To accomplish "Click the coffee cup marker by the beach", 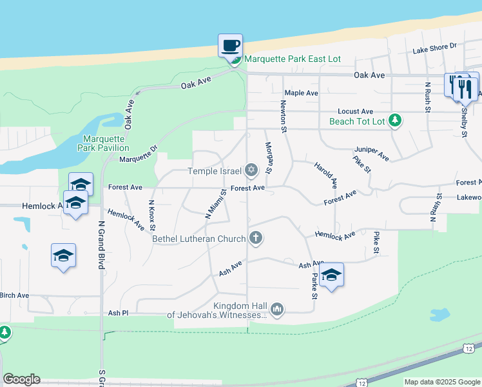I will coord(231,46).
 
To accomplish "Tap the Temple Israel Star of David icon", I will coord(251,171).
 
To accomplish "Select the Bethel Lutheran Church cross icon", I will coord(256,239).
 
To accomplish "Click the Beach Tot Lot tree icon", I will coord(396,121).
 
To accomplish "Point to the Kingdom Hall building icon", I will coord(277,310).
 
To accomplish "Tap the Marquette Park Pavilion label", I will coord(106,143).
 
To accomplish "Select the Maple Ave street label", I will coord(302,93).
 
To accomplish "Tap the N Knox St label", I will coord(152,215).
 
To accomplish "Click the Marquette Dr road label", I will coord(139,155).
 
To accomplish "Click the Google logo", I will coord(21,379).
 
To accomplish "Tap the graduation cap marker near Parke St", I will coord(331,275).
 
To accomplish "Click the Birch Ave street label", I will coord(14,295).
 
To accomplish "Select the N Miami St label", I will coord(215,204).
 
